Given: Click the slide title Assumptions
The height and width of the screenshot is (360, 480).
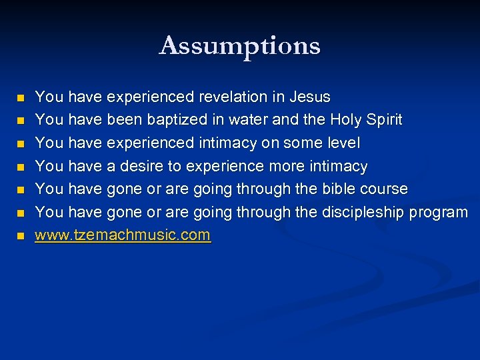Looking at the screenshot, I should coord(240,46).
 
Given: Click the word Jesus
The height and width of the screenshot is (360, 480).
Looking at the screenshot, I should coord(310,97).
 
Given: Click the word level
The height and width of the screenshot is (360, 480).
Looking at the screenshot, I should coord(342,143).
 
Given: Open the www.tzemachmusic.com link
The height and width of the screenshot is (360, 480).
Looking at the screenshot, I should coord(123,235).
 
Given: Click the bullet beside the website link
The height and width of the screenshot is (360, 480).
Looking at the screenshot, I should coord(20,236).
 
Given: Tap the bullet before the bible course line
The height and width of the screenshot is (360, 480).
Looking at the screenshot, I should coord(20,190).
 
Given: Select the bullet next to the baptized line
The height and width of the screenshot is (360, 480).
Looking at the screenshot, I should coord(20,121).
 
